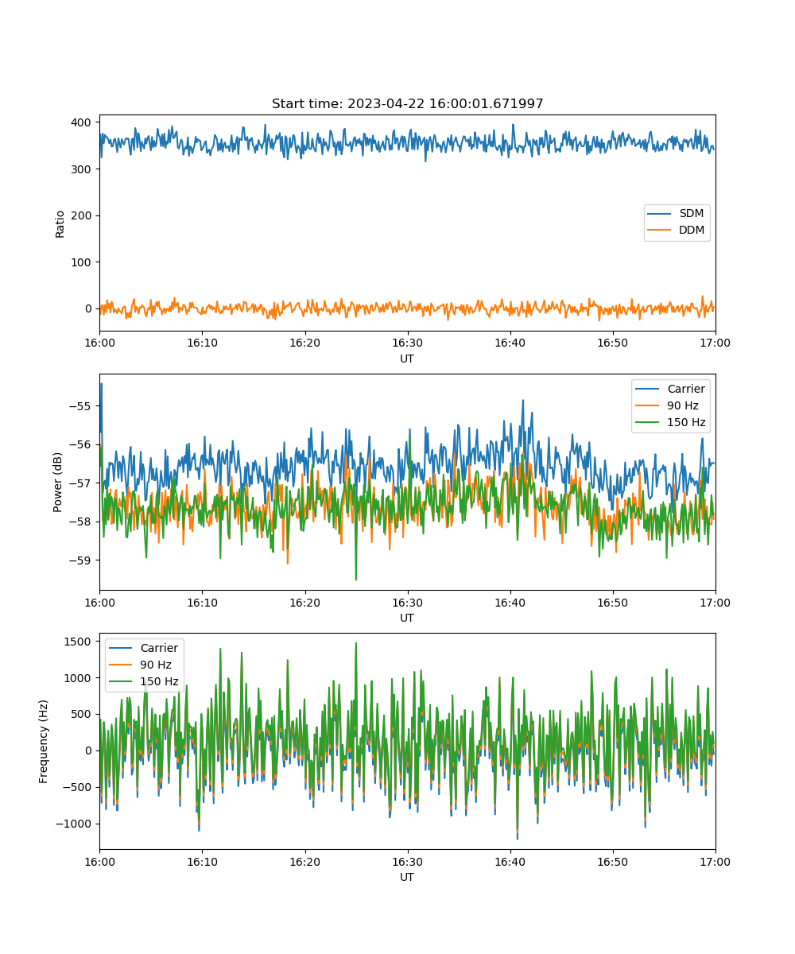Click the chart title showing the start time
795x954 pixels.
coord(407,103)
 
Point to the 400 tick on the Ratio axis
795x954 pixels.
coord(81,122)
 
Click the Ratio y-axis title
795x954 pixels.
coord(60,224)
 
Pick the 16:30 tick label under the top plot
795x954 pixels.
coord(408,343)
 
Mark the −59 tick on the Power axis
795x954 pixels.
coord(80,560)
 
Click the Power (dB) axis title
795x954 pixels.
coord(57,482)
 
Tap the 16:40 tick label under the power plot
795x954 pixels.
coord(510,603)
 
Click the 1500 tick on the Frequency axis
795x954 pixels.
coord(78,642)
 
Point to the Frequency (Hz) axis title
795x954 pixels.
coord(44,741)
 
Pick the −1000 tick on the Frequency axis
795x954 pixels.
coord(74,824)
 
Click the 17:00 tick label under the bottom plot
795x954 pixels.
coord(715,862)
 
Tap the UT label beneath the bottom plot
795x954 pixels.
coord(407,877)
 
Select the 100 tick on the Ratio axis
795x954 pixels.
coord(81,262)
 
